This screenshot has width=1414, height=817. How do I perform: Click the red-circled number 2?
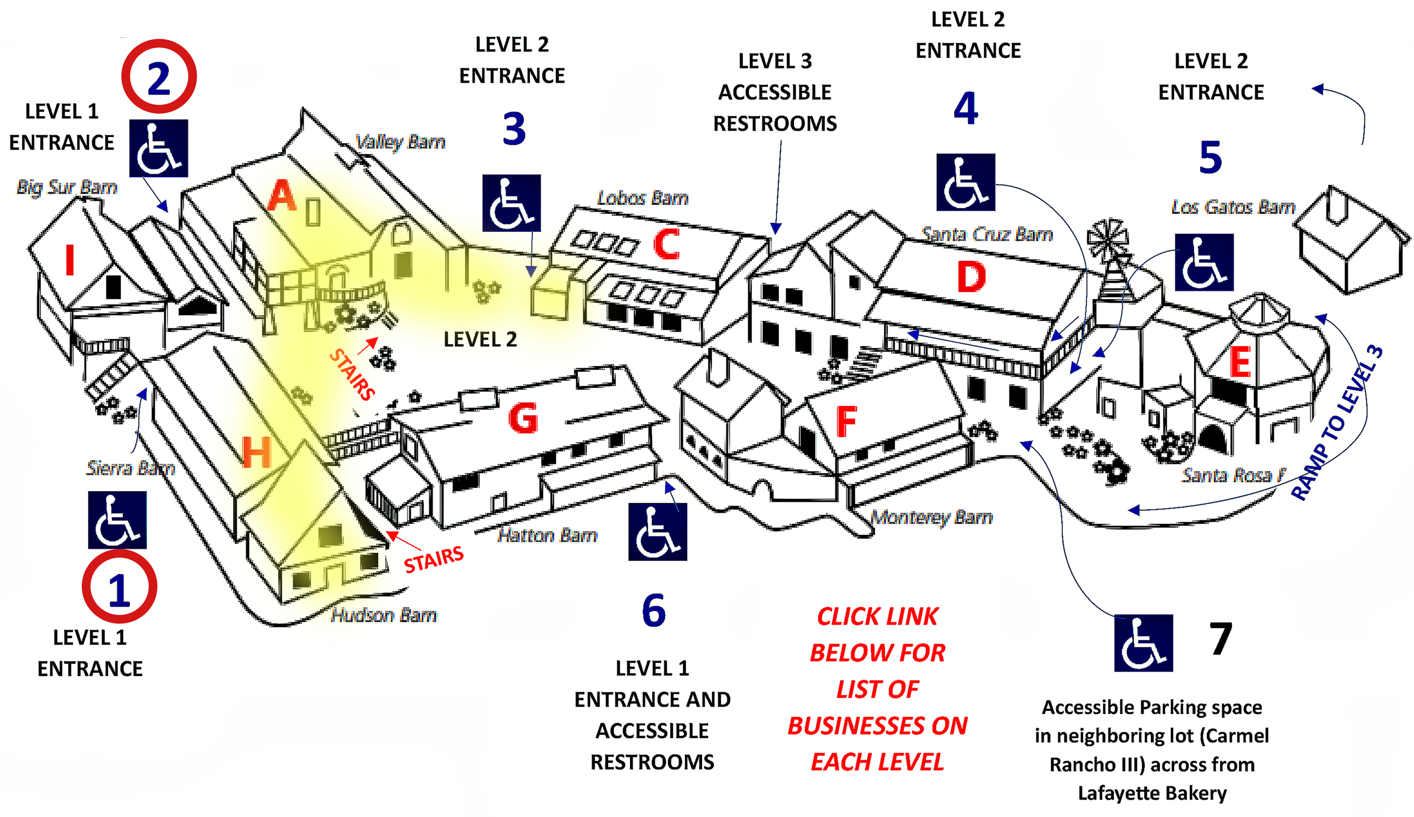pos(159,78)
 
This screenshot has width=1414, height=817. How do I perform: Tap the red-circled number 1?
pos(119,590)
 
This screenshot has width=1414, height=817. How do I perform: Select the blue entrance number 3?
pos(514,129)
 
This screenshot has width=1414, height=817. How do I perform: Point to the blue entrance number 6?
pos(653,610)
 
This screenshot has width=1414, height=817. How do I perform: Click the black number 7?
pos(1221,638)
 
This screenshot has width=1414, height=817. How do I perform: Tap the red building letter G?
pos(523,419)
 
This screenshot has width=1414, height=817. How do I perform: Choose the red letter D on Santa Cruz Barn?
pos(971,277)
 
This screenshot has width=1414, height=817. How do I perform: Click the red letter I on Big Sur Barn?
pos(70,260)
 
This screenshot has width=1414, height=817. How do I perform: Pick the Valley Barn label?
pos(400,141)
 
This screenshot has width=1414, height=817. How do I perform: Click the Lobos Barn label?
pos(643,197)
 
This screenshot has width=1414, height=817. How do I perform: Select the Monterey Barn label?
pos(931,517)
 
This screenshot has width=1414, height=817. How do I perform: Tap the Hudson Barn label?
pos(383,614)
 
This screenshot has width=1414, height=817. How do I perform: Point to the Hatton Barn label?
pos(547,535)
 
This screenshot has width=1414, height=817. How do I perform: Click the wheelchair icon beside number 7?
pos(1143,648)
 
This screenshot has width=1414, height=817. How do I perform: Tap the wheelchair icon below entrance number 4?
pos(965,182)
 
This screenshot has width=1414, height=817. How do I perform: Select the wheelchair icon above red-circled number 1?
pos(117,519)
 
